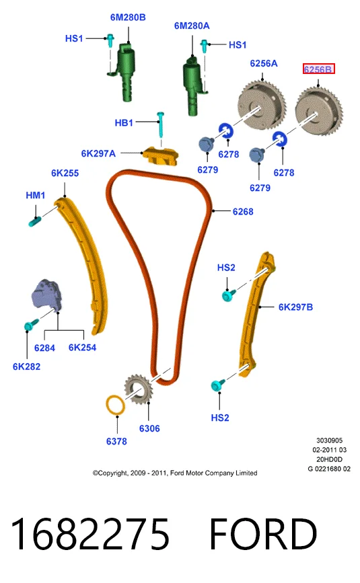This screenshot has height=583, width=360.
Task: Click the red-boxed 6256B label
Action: pyautogui.click(x=318, y=69)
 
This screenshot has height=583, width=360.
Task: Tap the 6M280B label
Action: pyautogui.click(x=128, y=17)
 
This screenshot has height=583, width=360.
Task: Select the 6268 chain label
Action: pyautogui.click(x=243, y=212)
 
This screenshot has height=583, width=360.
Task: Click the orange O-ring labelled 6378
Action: pyautogui.click(x=116, y=406)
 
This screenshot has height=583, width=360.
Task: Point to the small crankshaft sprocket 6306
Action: pyautogui.click(x=138, y=389)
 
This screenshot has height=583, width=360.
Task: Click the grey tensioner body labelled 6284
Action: pyautogui.click(x=47, y=295)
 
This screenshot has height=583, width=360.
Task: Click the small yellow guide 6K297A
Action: pyautogui.click(x=161, y=156)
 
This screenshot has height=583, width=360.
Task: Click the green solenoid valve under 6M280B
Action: pyautogui.click(x=127, y=72)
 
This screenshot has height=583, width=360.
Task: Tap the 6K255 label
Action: pyautogui.click(x=65, y=173)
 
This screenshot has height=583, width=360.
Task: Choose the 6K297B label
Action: pyautogui.click(x=295, y=307)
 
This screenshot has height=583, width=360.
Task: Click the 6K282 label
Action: pyautogui.click(x=26, y=366)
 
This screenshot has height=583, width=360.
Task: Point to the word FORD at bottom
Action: pyautogui.click(x=263, y=534)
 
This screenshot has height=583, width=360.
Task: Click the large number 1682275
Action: pyautogui.click(x=90, y=534)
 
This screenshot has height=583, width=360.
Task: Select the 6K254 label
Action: pyautogui.click(x=82, y=348)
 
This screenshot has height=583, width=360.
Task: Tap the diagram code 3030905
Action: pyautogui.click(x=330, y=440)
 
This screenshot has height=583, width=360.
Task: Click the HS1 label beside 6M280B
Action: pyautogui.click(x=74, y=38)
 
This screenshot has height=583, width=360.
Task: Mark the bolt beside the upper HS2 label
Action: pyautogui.click(x=228, y=295)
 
